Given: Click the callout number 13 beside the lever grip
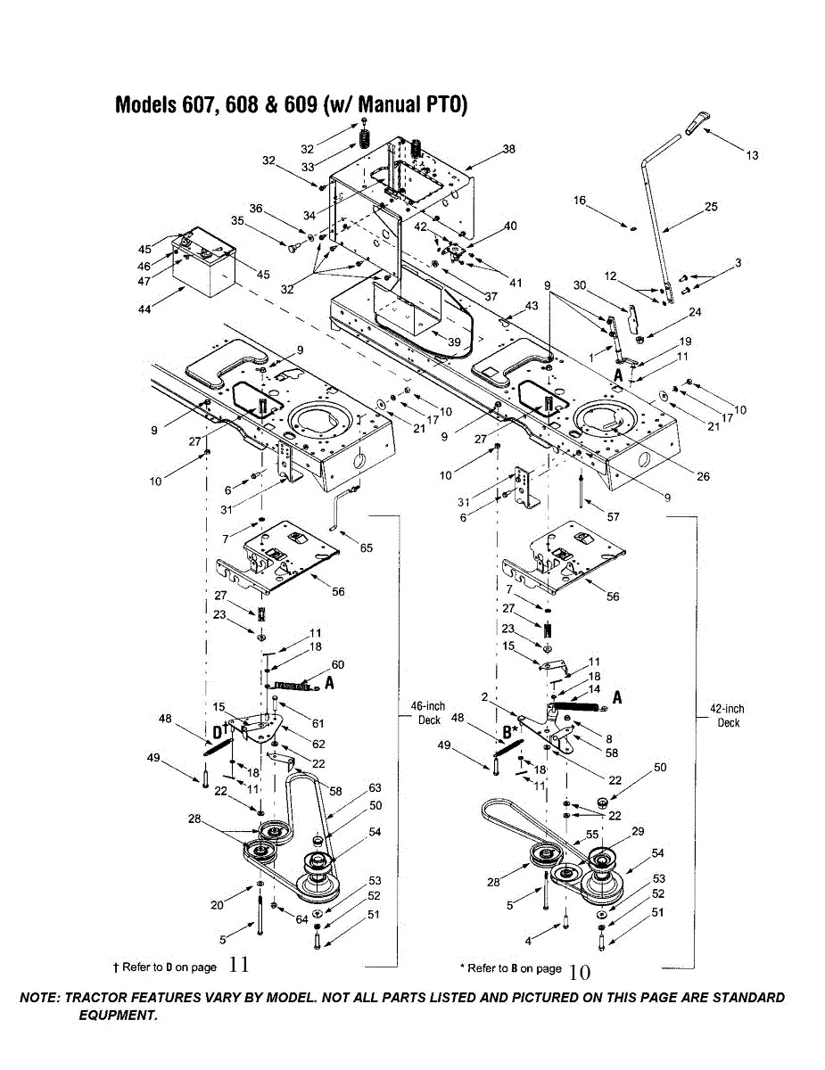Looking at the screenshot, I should pyautogui.click(x=752, y=156).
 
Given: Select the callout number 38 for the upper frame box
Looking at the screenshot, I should pyautogui.click(x=508, y=149).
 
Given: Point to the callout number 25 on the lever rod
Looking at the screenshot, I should pyautogui.click(x=710, y=207).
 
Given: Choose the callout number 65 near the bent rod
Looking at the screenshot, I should pyautogui.click(x=366, y=548).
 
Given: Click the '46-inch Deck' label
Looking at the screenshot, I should pyautogui.click(x=428, y=713).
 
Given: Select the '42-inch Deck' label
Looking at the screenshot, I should pyautogui.click(x=727, y=716).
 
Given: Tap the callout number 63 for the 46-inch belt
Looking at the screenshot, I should pyautogui.click(x=375, y=788).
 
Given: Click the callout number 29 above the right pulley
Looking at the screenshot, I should pyautogui.click(x=636, y=831).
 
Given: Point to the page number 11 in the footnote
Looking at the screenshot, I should pyautogui.click(x=238, y=964).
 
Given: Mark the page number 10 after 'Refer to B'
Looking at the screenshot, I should pyautogui.click(x=579, y=971).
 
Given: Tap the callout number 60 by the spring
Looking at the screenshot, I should pyautogui.click(x=337, y=664).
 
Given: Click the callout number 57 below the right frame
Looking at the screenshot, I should pyautogui.click(x=613, y=516).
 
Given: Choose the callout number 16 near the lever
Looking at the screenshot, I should pyautogui.click(x=580, y=202).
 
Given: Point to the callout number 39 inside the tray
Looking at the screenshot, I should pyautogui.click(x=454, y=342).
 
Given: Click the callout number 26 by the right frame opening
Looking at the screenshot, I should pyautogui.click(x=703, y=476).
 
